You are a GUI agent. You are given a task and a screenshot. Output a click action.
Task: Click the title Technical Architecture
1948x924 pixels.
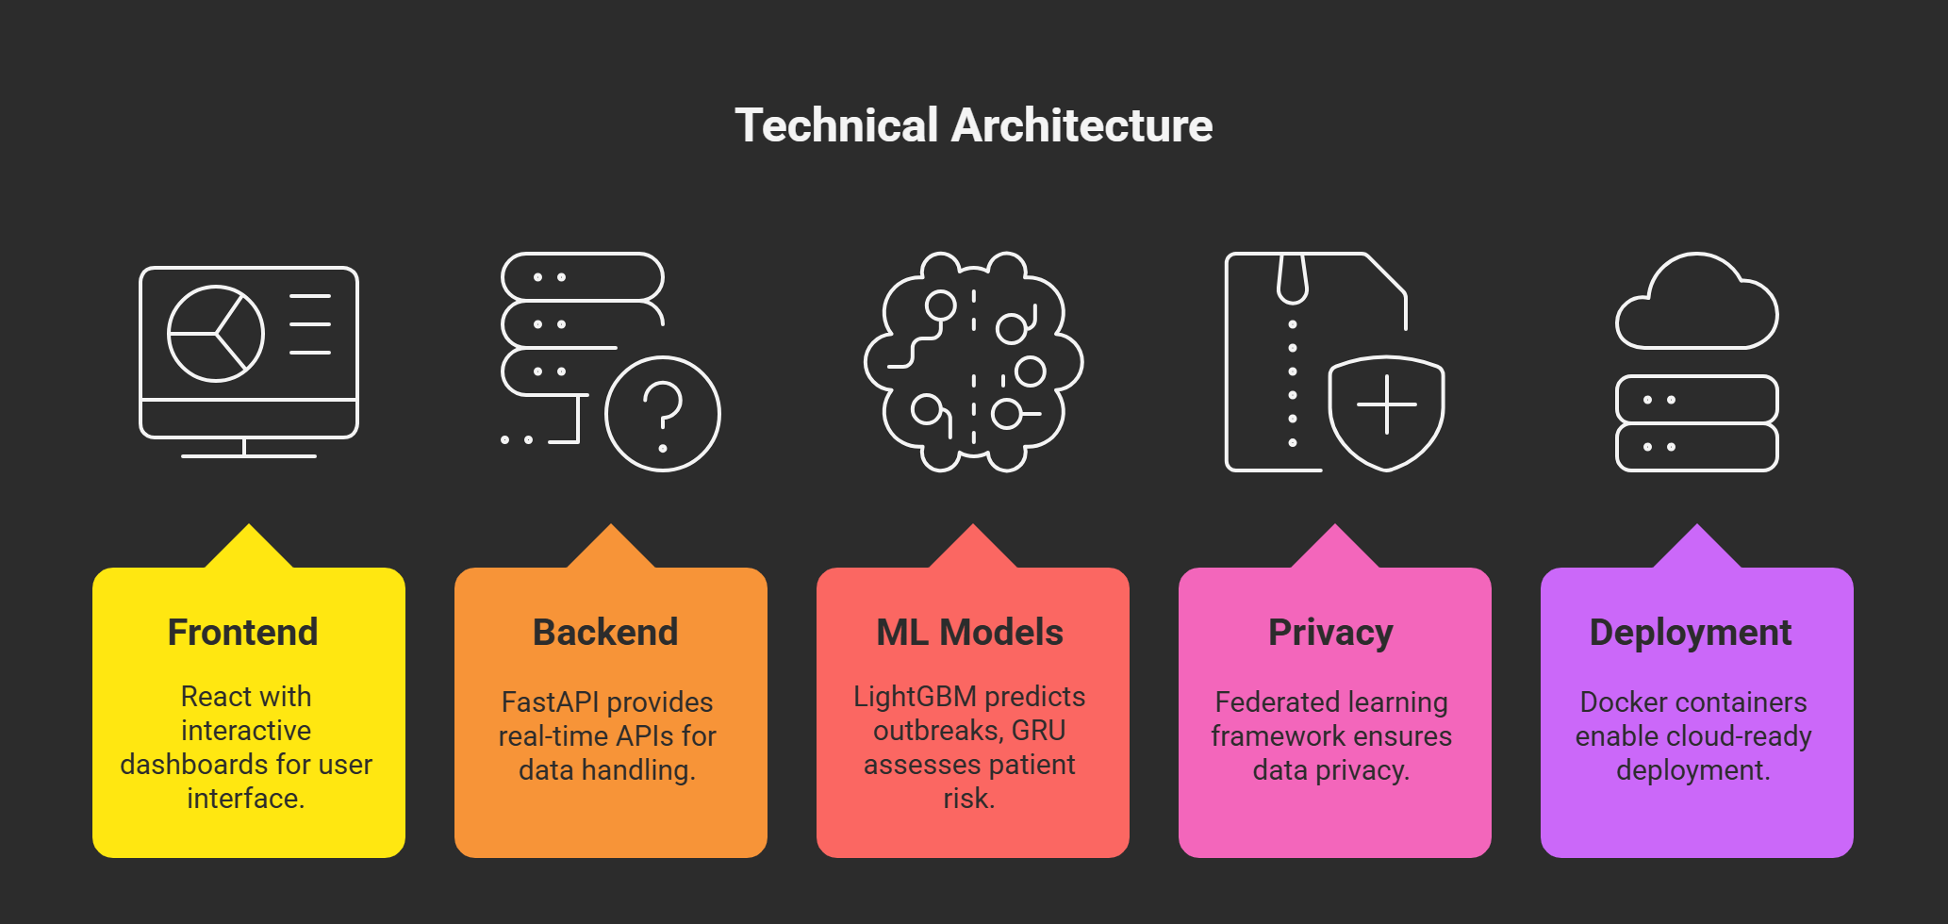pos(973,125)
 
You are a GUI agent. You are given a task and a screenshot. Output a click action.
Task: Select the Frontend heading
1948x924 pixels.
pos(242,632)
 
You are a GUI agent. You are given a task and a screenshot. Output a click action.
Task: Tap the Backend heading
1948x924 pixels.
pos(605,632)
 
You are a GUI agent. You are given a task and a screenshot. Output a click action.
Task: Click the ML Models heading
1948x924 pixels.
pos(969,632)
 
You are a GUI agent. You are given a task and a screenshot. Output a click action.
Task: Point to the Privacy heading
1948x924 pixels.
pos(1330,632)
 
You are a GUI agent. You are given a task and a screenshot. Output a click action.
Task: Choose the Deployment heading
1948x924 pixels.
pos(1691,632)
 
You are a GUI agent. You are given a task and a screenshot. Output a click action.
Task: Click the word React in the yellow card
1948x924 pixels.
pos(216,697)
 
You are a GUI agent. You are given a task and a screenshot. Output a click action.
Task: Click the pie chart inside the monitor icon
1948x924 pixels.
pos(216,334)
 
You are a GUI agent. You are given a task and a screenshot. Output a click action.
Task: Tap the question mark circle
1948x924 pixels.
pos(663,414)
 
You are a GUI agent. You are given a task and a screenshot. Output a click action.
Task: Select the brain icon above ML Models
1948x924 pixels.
pos(973,362)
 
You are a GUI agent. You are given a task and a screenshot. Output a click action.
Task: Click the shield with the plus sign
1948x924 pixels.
pos(1386,412)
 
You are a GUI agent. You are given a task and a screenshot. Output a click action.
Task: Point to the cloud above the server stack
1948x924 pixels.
pos(1696,304)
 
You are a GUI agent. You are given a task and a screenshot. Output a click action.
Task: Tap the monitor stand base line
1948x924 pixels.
pos(248,456)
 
